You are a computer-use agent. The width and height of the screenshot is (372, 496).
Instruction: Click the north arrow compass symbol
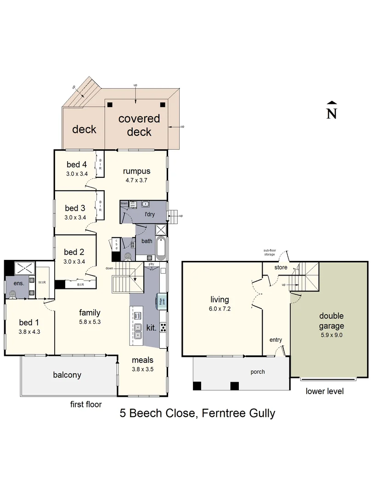[331, 110]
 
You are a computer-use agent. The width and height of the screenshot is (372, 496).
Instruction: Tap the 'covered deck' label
[139, 125]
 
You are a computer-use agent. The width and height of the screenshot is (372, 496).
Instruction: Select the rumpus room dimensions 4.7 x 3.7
[136, 180]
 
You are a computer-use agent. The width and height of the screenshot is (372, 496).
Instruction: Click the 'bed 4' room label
[76, 164]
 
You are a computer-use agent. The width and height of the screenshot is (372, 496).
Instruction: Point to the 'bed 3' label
[75, 208]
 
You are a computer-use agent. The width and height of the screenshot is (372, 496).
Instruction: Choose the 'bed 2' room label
[74, 252]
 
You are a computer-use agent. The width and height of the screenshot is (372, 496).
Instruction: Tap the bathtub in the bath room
[161, 248]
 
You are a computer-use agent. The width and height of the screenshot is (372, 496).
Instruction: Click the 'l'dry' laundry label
[150, 214]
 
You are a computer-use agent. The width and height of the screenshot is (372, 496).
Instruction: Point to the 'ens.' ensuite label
[12, 283]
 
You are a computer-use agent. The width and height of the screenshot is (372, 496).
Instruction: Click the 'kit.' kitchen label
[152, 328]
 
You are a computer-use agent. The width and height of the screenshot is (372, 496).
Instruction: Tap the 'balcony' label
[67, 375]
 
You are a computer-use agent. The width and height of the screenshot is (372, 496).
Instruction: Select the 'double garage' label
[332, 321]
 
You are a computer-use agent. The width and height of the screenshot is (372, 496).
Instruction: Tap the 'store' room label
[281, 267]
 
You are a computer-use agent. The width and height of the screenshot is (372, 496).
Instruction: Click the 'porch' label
[258, 372]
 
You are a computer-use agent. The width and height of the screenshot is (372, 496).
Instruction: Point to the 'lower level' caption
[325, 391]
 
